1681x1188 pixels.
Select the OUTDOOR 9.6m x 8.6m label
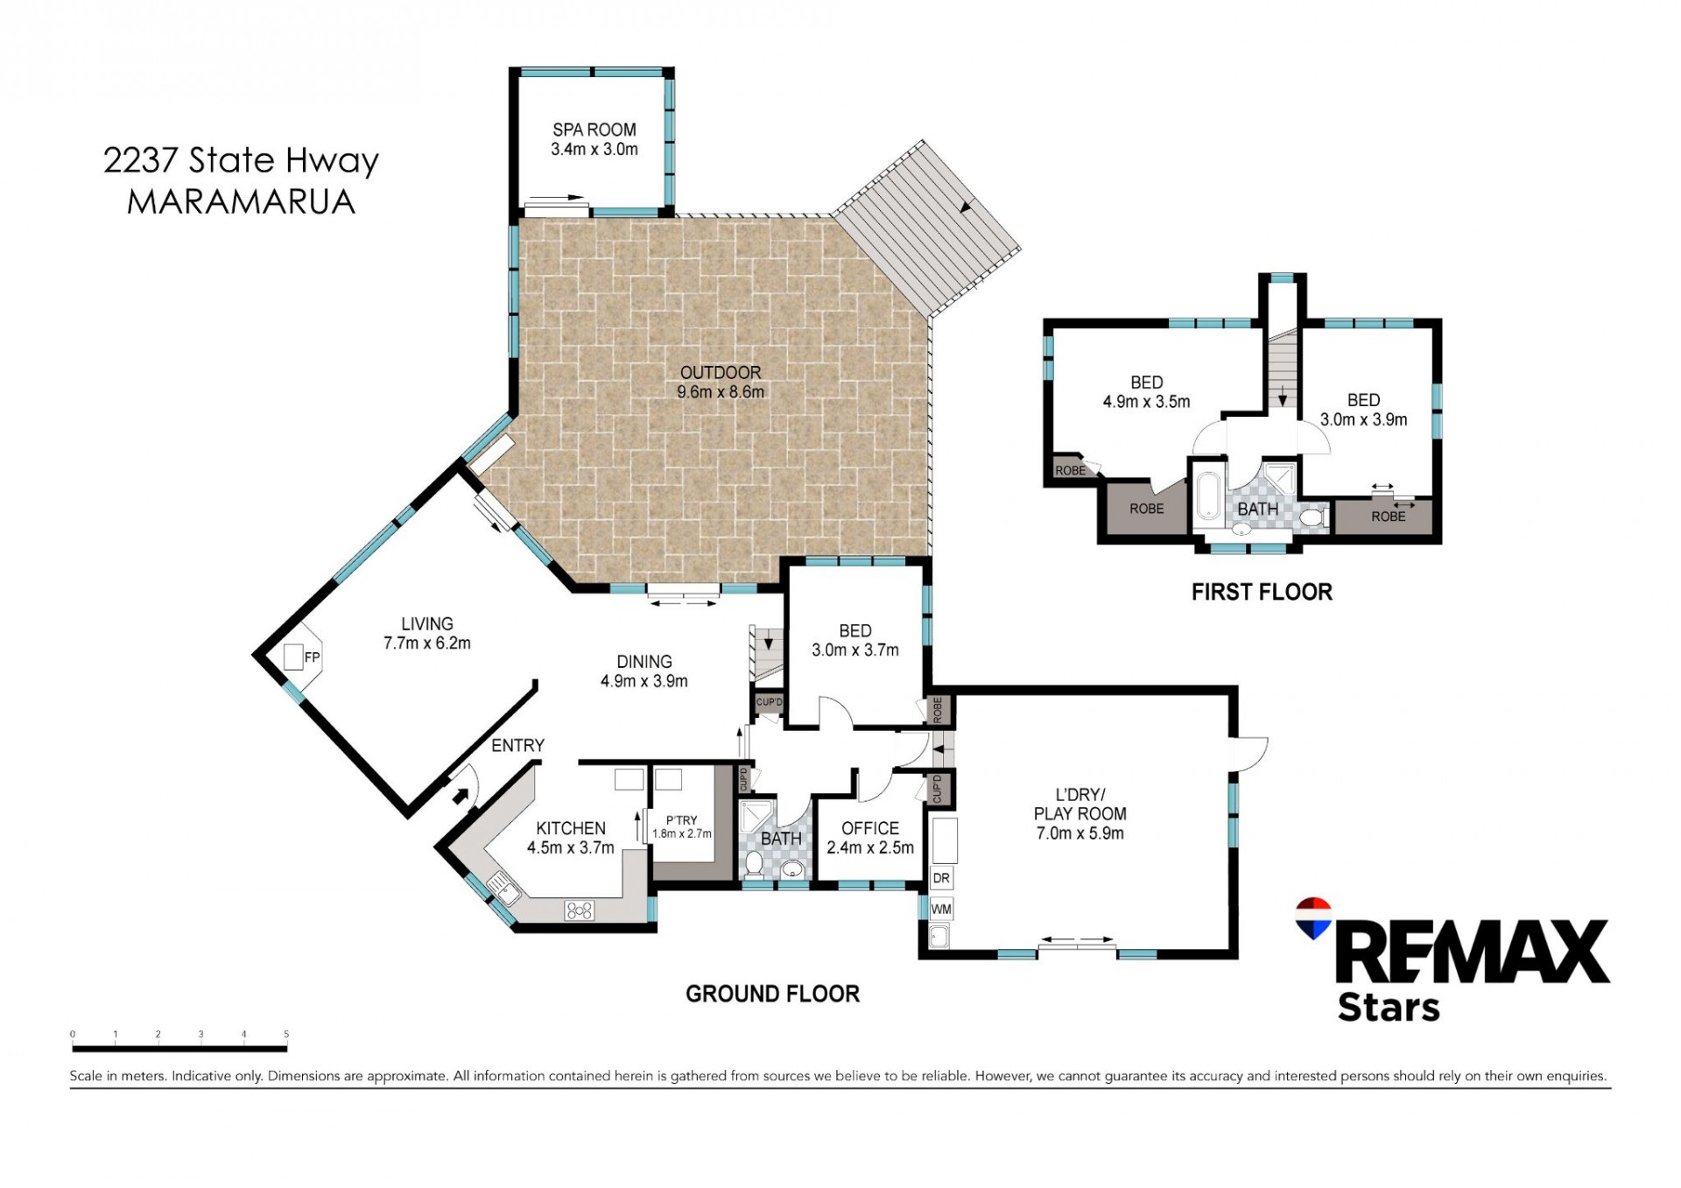(x=721, y=383)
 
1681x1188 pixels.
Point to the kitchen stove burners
(x=580, y=910)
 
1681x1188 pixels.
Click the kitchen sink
(x=504, y=888)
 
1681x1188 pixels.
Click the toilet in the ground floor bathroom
(x=752, y=865)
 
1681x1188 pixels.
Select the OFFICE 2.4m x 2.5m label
(x=870, y=838)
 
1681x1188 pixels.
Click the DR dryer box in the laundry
(x=941, y=878)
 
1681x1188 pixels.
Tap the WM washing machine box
(x=941, y=909)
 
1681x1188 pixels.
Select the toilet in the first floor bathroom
(x=1311, y=518)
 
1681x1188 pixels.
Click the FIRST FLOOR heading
(x=1262, y=593)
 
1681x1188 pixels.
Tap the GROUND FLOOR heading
(x=772, y=994)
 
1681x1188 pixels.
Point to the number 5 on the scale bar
(x=286, y=1034)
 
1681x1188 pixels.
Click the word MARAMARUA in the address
(x=241, y=202)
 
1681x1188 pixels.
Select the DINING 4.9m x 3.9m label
(x=644, y=671)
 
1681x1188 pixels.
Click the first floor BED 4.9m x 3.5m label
(x=1146, y=392)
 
